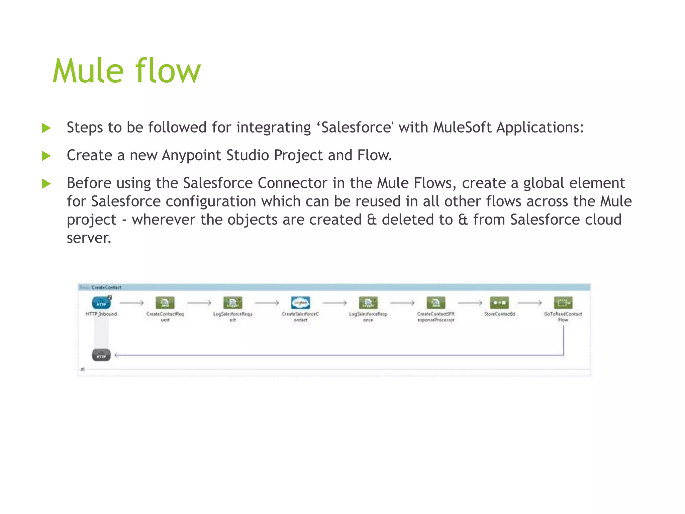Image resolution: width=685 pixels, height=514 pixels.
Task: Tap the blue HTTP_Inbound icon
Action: (101, 303)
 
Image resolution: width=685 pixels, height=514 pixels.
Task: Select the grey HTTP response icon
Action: (101, 355)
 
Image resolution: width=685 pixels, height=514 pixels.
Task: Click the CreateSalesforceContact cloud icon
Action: (300, 303)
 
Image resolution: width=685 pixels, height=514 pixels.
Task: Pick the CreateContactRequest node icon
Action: (165, 303)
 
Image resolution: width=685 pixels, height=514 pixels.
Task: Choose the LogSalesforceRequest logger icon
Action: (233, 303)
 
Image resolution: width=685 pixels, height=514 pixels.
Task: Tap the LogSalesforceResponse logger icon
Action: (368, 303)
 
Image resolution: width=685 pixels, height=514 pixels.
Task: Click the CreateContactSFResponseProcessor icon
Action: (436, 303)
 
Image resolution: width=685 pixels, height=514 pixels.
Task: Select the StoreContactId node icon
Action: (499, 303)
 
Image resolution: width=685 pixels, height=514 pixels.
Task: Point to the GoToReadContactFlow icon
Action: (563, 303)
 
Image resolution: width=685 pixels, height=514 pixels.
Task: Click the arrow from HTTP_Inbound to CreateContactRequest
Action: (131, 303)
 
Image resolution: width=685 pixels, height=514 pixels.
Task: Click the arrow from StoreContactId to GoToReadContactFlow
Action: (529, 303)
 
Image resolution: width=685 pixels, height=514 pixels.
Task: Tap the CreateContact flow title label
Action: (106, 287)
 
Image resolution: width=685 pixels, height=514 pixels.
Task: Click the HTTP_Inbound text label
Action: (101, 314)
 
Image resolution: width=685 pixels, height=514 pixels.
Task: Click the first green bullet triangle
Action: (46, 128)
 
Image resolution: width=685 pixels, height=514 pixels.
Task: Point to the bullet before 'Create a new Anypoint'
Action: (46, 156)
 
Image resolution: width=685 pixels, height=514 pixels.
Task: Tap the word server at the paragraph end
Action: (88, 238)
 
